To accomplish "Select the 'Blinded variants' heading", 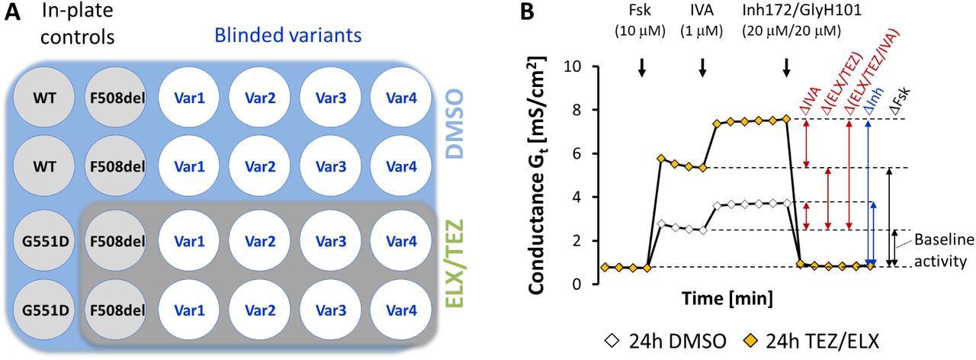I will pyautogui.click(x=287, y=35).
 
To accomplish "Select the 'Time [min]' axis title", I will pyautogui.click(x=729, y=295).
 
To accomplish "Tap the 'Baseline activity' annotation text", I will pyautogui.click(x=944, y=249).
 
